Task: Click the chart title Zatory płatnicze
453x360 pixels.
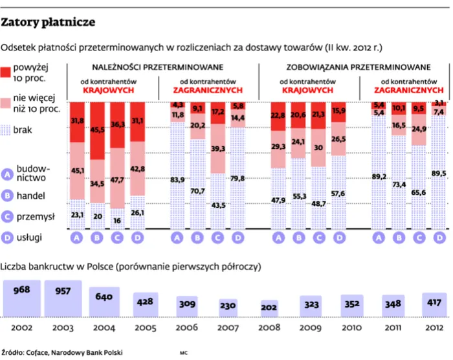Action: (49, 23)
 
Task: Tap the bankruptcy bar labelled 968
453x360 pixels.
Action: (21, 298)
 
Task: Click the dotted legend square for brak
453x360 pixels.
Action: (7, 129)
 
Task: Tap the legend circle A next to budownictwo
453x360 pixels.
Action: (8, 174)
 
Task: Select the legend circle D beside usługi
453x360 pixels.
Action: (8, 238)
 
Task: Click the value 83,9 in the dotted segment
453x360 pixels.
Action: (177, 179)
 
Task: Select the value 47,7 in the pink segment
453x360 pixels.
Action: (117, 179)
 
